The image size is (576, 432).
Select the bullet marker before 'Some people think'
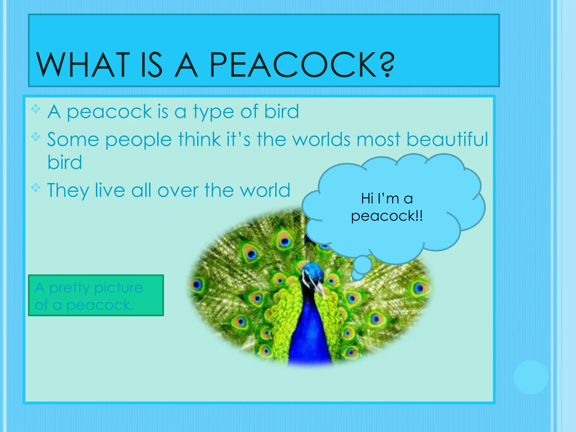coord(36,137)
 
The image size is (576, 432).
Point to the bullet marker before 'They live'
coord(36,188)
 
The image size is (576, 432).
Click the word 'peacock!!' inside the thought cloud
coord(387,216)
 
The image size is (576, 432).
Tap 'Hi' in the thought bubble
coord(367,199)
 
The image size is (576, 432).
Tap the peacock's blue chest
coord(309,337)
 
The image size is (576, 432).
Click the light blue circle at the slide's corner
coord(531,377)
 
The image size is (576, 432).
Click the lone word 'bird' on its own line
coord(65,162)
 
